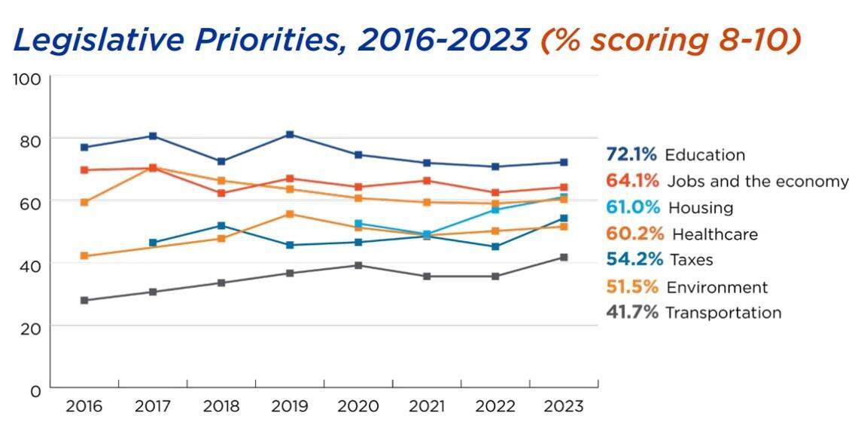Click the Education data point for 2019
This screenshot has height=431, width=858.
pyautogui.click(x=290, y=135)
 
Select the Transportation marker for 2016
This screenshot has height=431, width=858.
pyautogui.click(x=84, y=301)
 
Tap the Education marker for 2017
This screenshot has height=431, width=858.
pyautogui.click(x=153, y=136)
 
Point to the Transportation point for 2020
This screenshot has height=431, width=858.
pyautogui.click(x=358, y=265)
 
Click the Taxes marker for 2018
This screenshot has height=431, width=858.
pyautogui.click(x=221, y=226)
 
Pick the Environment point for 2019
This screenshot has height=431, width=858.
pyautogui.click(x=290, y=214)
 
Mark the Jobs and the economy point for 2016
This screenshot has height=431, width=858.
pyautogui.click(x=84, y=170)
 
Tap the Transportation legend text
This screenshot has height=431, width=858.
pyautogui.click(x=723, y=313)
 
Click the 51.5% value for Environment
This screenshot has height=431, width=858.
pyautogui.click(x=632, y=287)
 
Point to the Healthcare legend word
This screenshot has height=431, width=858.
pyautogui.click(x=714, y=234)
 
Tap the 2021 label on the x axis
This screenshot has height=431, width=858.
pyautogui.click(x=427, y=407)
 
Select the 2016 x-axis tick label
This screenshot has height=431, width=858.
pyautogui.click(x=84, y=407)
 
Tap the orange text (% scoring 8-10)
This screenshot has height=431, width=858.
pyautogui.click(x=670, y=41)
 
